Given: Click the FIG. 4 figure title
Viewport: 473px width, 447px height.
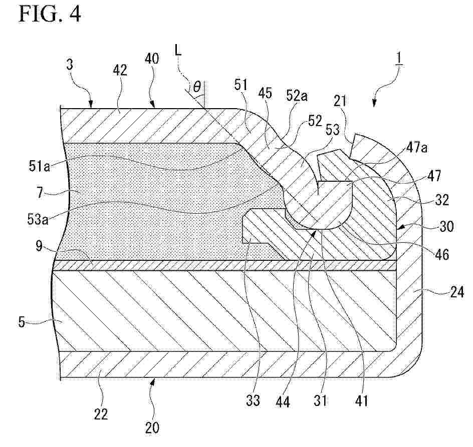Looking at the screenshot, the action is (50, 14).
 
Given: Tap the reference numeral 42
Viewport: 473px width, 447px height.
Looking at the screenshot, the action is (120, 71).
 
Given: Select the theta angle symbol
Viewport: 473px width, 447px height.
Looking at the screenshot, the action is (197, 87).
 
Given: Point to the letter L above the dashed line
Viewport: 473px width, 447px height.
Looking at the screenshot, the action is (178, 50).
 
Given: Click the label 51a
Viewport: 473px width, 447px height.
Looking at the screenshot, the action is (40, 166).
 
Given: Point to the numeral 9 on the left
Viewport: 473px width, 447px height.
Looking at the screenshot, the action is (39, 246).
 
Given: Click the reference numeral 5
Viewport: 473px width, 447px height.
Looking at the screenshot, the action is (21, 322).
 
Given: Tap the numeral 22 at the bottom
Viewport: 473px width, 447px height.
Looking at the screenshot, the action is (100, 414).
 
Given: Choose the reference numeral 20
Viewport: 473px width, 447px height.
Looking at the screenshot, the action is (152, 428).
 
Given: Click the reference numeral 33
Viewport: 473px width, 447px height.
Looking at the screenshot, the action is (253, 401).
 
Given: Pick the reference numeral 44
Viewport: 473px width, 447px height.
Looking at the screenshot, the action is (283, 402).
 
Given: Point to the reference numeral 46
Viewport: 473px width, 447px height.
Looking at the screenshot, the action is (441, 254).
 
